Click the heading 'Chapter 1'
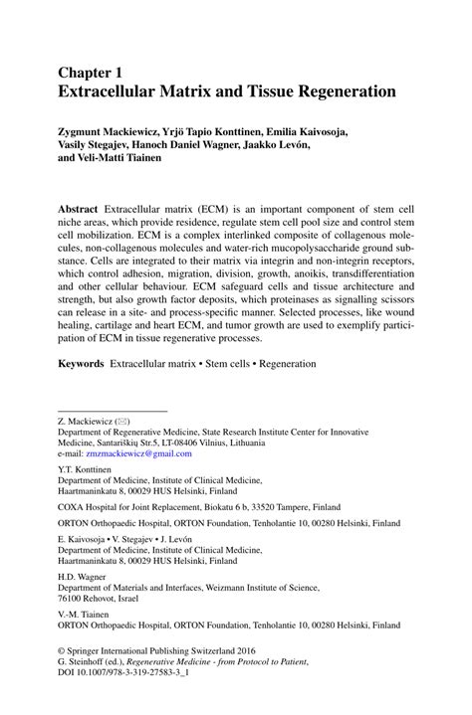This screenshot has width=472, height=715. click(92, 73)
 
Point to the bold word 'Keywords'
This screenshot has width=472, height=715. click(81, 364)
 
